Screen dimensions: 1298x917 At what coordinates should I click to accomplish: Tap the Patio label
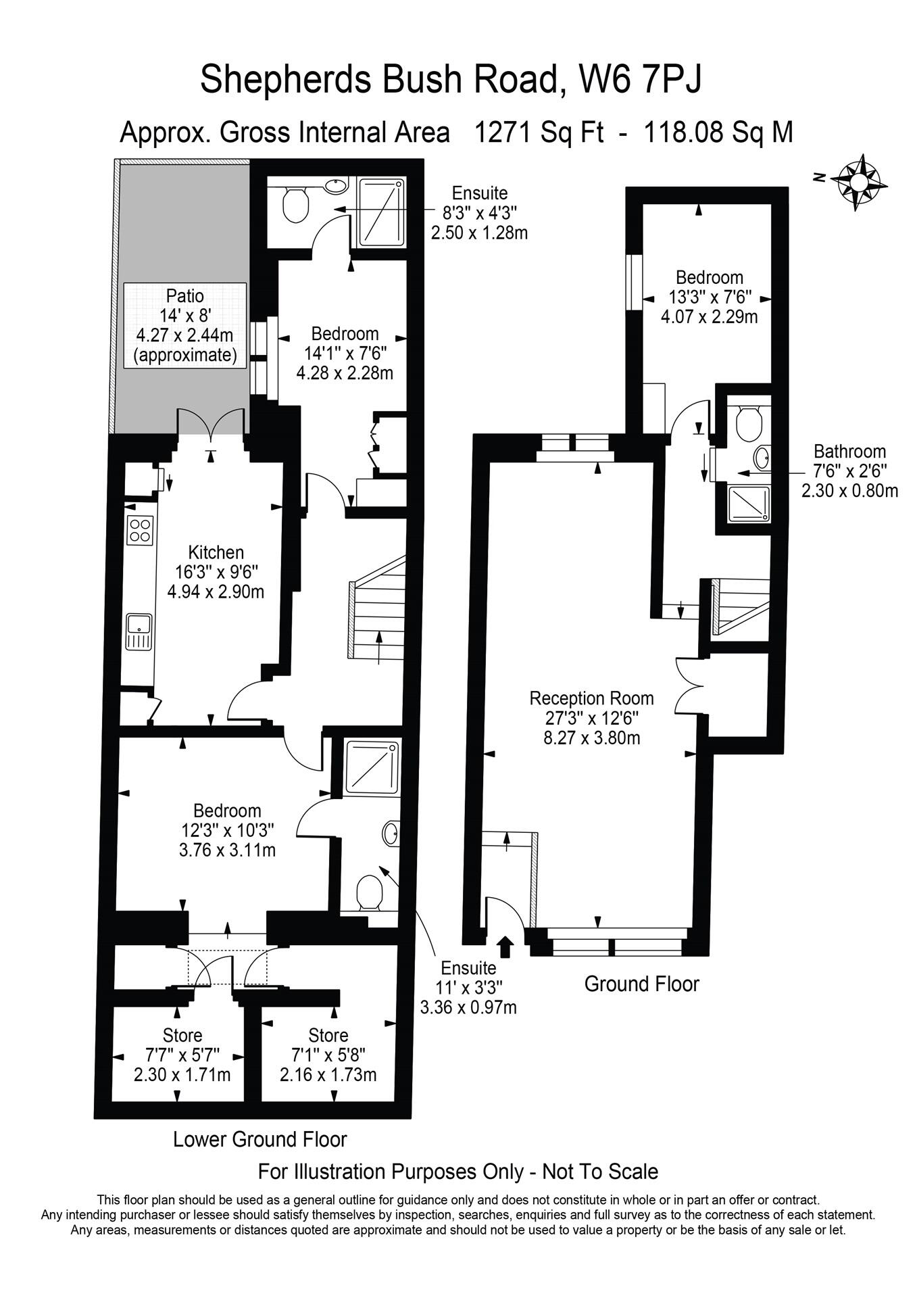click(x=184, y=295)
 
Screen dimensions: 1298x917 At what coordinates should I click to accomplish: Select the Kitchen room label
click(x=216, y=552)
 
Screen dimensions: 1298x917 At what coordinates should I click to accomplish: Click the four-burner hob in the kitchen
click(x=140, y=529)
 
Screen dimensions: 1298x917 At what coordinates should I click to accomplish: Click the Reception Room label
click(x=591, y=698)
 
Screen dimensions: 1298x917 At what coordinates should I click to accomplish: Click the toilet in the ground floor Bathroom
click(x=748, y=423)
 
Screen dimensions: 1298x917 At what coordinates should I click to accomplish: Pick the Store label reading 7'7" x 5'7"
click(x=182, y=1035)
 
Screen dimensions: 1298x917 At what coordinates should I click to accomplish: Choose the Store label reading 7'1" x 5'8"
click(x=328, y=1035)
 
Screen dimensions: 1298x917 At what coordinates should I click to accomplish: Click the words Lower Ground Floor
click(x=259, y=1139)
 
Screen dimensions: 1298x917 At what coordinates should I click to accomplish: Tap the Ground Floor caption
click(x=641, y=984)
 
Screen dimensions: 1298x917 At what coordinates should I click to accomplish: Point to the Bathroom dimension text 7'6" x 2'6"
click(x=849, y=471)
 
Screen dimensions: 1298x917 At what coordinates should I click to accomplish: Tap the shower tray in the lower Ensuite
click(x=371, y=767)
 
